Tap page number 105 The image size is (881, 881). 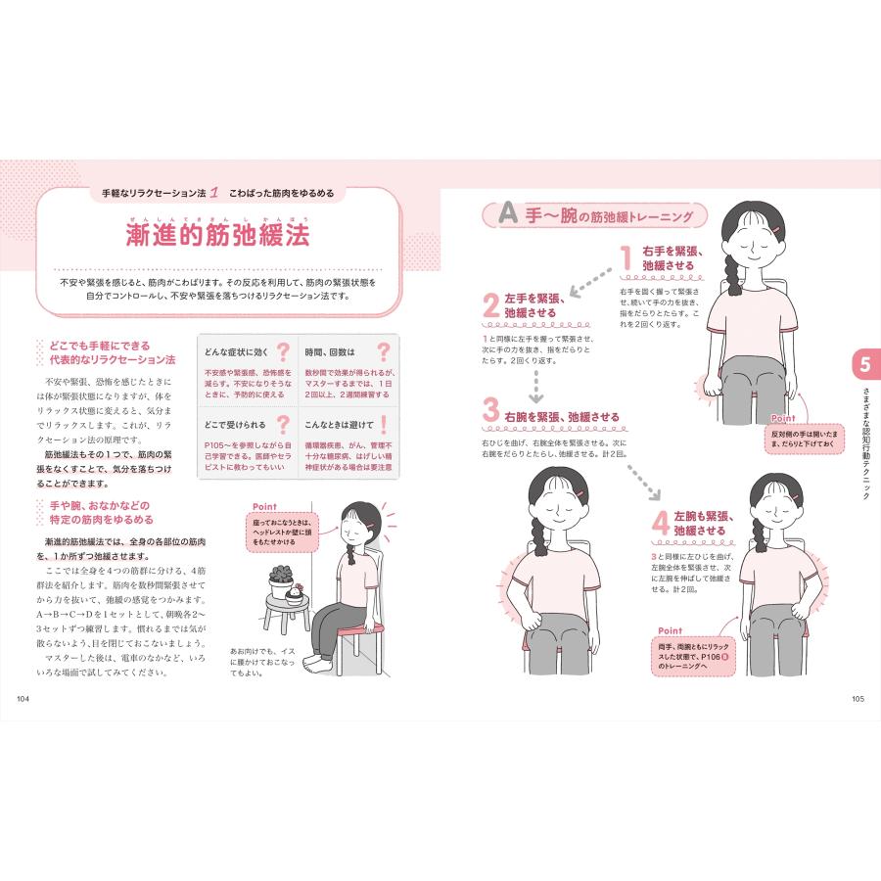[x=858, y=698]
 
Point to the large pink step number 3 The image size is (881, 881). [x=491, y=410]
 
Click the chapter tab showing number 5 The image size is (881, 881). [x=864, y=366]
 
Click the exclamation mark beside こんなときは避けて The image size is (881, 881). [x=383, y=425]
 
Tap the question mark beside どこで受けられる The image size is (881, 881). [x=282, y=425]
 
